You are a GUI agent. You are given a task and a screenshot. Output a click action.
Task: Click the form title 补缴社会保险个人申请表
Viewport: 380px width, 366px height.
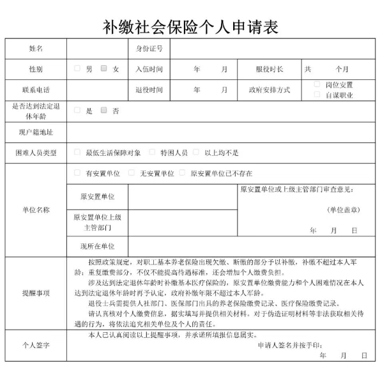(190, 26)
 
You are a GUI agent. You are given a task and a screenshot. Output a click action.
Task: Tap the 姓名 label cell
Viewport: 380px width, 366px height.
(36, 48)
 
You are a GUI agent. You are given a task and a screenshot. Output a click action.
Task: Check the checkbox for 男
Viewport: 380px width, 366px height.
(77, 68)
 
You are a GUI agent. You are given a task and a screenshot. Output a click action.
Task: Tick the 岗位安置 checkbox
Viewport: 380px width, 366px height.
(317, 84)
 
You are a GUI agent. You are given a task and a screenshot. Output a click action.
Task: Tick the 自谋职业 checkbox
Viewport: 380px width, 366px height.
(317, 95)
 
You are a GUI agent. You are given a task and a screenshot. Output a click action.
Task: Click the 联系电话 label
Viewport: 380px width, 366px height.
(36, 89)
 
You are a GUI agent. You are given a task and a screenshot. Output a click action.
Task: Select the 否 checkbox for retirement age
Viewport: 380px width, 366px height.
(104, 110)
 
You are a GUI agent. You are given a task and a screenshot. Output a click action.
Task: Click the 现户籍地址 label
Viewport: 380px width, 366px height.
(36, 132)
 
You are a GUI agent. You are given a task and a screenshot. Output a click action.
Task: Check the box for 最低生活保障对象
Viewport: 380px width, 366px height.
(77, 153)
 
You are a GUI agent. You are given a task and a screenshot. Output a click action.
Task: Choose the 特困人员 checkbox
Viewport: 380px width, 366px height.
(152, 153)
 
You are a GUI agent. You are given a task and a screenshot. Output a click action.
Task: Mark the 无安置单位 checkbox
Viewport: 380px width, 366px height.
(132, 173)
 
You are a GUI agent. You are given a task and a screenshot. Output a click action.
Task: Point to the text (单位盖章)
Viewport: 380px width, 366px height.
(343, 210)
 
